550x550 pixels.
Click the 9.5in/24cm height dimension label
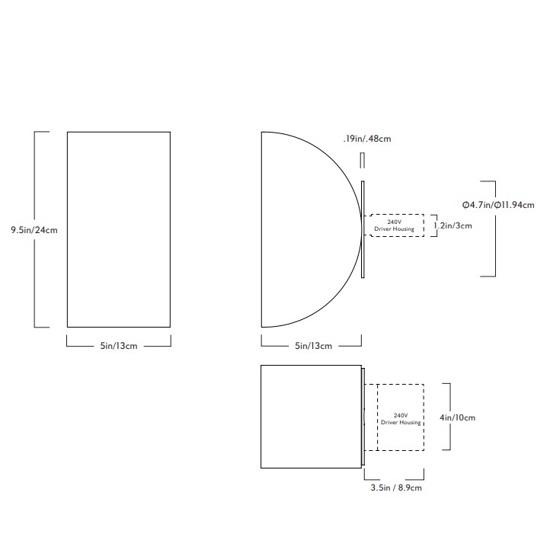(x=34, y=230)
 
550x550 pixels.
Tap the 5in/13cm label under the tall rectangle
(x=119, y=346)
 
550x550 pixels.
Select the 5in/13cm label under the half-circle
(x=313, y=346)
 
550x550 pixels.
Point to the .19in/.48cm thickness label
(x=367, y=139)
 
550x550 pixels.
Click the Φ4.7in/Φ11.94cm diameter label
(x=498, y=205)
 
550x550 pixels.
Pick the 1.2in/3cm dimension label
(x=452, y=225)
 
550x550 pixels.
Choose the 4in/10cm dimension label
(x=457, y=417)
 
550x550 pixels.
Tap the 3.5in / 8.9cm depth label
(x=396, y=488)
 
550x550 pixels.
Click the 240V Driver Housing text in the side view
(x=395, y=225)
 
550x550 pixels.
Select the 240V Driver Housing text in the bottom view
(x=401, y=419)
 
